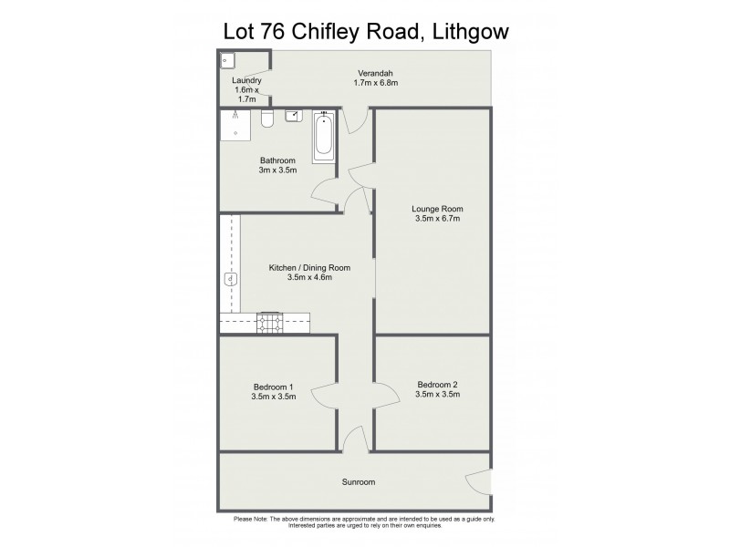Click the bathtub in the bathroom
(x=323, y=137)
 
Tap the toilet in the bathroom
(x=267, y=119)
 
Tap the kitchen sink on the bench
(x=230, y=279)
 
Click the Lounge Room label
(x=437, y=208)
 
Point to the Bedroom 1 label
(x=273, y=386)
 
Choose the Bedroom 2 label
(x=437, y=384)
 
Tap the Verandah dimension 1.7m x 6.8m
(x=376, y=83)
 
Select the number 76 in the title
(x=270, y=31)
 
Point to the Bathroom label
(x=277, y=160)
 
